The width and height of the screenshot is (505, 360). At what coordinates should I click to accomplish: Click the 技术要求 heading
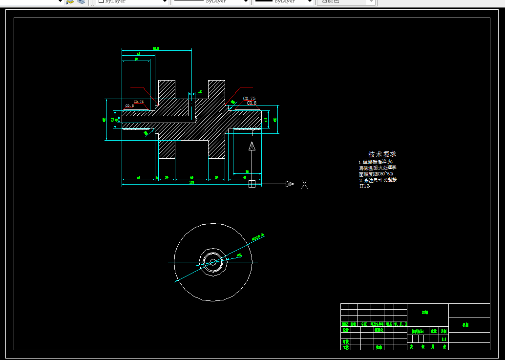382,154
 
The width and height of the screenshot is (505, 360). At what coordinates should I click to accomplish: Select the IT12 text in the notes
364,186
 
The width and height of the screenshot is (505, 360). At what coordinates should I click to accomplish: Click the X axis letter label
304,184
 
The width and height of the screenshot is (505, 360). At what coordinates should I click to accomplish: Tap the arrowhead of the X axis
290,184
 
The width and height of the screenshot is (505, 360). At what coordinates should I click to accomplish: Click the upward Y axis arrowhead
252,146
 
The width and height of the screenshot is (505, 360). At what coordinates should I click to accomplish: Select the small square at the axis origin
252,184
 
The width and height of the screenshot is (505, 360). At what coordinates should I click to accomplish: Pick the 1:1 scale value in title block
444,339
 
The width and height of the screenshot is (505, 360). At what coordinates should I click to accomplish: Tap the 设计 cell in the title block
345,330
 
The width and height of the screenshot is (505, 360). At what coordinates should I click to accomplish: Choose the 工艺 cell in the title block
345,347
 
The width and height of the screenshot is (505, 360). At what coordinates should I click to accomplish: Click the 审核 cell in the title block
345,341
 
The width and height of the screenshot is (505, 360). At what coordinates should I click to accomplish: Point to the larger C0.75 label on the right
249,99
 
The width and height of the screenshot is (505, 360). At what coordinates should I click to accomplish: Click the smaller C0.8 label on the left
129,106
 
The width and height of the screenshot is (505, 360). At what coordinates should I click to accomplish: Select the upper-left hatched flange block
167,89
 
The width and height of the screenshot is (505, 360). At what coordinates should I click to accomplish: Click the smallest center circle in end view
213,262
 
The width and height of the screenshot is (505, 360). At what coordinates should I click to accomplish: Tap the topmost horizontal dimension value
155,48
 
